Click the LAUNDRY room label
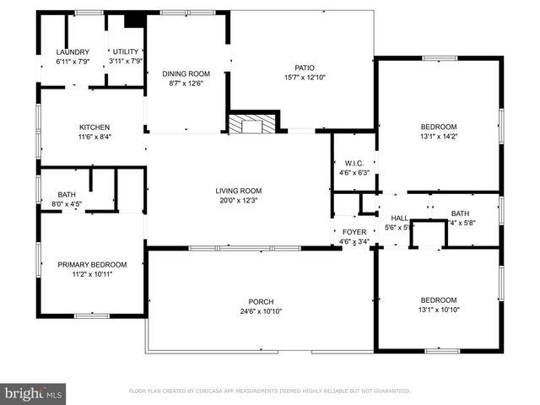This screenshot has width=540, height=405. tap(72, 51)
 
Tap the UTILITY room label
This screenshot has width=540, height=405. tap(126, 51)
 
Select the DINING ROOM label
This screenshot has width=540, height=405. tap(186, 73)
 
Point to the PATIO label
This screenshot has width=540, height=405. tap(305, 67)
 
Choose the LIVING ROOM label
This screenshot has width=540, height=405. tap(238, 191)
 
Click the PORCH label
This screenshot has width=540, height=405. tap(261, 302)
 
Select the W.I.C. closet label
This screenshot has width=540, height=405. tap(354, 164)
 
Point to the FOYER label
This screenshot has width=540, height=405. tap(354, 232)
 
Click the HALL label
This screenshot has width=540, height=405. tap(399, 218)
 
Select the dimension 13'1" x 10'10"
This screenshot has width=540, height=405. tap(439, 310)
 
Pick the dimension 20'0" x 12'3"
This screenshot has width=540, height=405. tap(238, 201)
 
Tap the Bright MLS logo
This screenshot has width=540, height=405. tap(34, 393)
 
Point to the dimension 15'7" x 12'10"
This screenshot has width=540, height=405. tap(305, 78)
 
